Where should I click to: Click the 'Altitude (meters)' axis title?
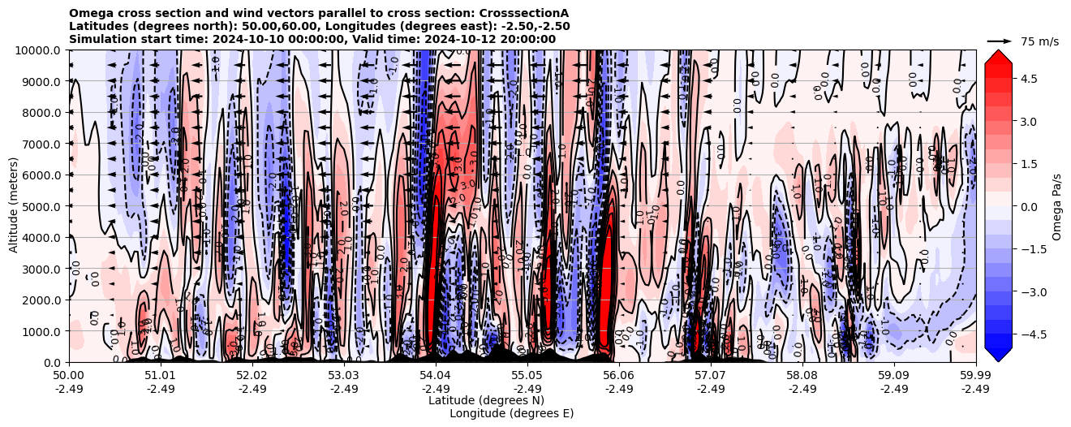[x=14, y=206]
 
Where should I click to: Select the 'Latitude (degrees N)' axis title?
[x=486, y=400]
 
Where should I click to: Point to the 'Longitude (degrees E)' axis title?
[x=512, y=413]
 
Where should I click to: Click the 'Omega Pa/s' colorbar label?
[x=1056, y=206]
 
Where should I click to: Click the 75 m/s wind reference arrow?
[x=1000, y=41]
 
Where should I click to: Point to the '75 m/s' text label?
[x=1039, y=41]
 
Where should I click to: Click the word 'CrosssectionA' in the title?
[x=524, y=14]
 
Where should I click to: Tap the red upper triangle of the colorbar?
[x=998, y=56]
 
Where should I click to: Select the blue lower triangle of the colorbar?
[x=998, y=355]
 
